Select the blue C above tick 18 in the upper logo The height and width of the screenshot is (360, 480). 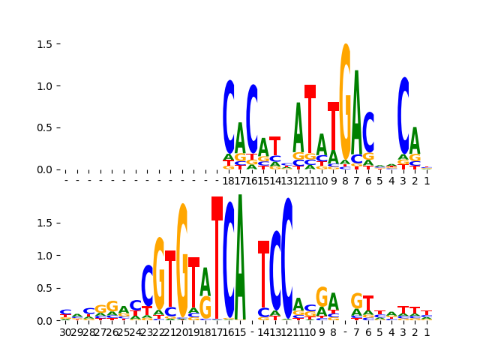click(229, 116)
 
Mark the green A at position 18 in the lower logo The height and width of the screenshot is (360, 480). click(205, 281)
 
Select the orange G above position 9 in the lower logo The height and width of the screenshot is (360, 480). click(322, 296)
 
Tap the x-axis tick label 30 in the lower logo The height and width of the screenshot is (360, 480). click(65, 331)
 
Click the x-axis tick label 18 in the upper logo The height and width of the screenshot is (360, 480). click(229, 180)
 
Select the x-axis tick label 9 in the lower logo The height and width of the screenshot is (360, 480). click(322, 331)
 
